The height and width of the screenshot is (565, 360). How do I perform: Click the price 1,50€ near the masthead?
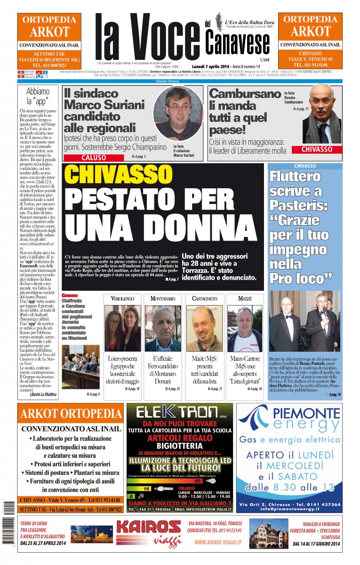pos(264,60)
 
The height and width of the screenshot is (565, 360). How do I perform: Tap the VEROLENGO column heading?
pos(122,299)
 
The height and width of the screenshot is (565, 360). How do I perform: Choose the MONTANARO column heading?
pos(162,299)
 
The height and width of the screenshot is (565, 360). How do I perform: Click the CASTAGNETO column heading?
pos(204,299)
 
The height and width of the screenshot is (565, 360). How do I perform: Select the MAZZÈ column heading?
pos(245,299)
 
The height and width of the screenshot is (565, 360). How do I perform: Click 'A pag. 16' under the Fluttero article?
pos(335,395)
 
